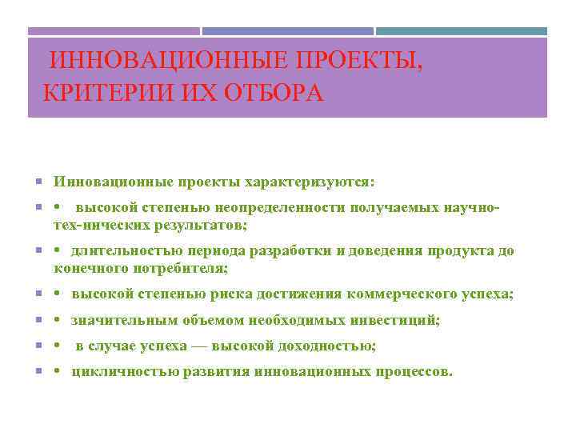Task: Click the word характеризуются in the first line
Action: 309,182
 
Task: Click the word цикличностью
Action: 121,372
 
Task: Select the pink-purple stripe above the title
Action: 114,32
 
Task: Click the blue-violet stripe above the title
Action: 287,32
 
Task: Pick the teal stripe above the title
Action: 462,32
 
